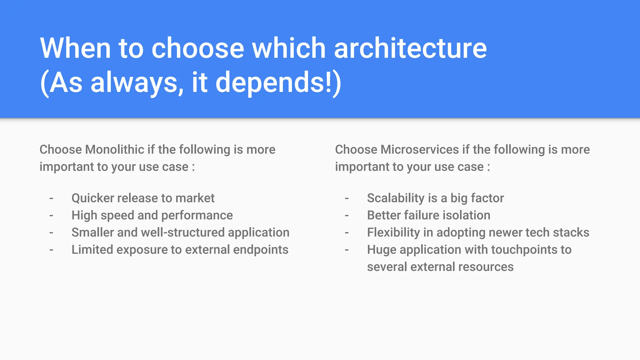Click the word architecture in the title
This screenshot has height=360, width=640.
pyautogui.click(x=410, y=48)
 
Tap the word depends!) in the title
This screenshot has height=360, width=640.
pyautogui.click(x=278, y=82)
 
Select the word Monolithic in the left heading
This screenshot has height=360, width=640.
pyautogui.click(x=114, y=150)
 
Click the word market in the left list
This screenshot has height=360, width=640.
pyautogui.click(x=195, y=198)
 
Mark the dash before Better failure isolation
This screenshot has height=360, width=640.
pyautogui.click(x=347, y=215)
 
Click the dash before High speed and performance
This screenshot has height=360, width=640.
pyautogui.click(x=51, y=215)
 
